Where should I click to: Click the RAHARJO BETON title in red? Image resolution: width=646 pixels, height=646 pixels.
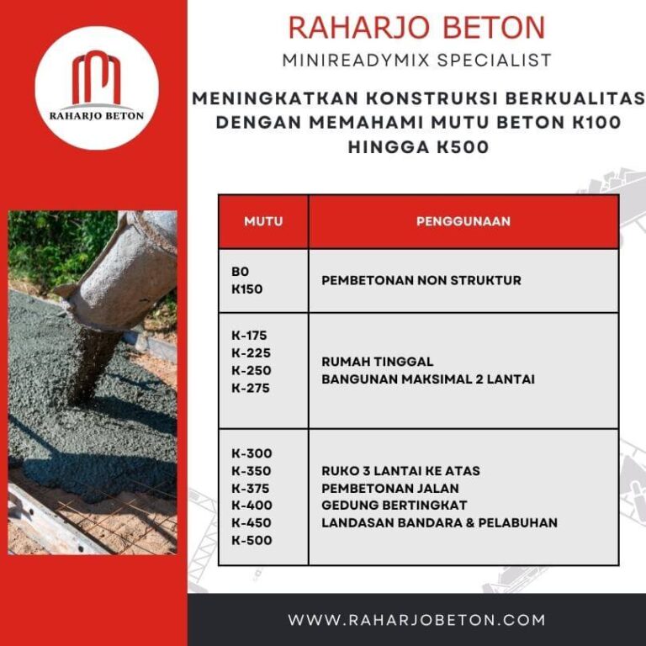[416, 28]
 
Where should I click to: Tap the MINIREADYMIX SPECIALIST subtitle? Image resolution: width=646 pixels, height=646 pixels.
[416, 60]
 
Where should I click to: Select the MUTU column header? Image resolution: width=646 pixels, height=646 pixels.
[263, 222]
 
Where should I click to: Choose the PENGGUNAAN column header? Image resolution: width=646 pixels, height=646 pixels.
[463, 222]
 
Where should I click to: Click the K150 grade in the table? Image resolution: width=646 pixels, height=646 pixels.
[246, 289]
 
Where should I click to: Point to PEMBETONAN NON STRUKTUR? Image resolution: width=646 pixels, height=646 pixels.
[421, 280]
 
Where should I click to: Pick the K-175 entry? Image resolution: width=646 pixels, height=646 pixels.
[251, 336]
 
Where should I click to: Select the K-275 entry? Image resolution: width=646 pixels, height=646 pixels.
[251, 388]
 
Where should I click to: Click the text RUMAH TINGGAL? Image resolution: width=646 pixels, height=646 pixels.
[377, 362]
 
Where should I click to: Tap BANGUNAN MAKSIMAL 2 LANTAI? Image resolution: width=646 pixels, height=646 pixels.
[427, 379]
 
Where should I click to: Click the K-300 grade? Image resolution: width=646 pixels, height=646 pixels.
[252, 453]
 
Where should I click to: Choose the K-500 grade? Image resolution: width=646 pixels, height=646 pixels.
[252, 540]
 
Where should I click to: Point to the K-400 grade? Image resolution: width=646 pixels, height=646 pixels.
[252, 506]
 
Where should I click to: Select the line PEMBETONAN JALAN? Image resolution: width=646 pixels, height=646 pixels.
[390, 488]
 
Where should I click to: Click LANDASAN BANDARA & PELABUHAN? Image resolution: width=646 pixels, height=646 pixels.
[439, 522]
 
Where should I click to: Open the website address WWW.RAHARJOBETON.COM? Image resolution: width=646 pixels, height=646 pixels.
[416, 621]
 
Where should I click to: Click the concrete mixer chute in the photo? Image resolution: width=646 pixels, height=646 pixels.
[118, 269]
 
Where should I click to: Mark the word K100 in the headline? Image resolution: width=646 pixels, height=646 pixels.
[595, 122]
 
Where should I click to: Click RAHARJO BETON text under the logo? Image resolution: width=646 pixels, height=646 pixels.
[96, 116]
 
